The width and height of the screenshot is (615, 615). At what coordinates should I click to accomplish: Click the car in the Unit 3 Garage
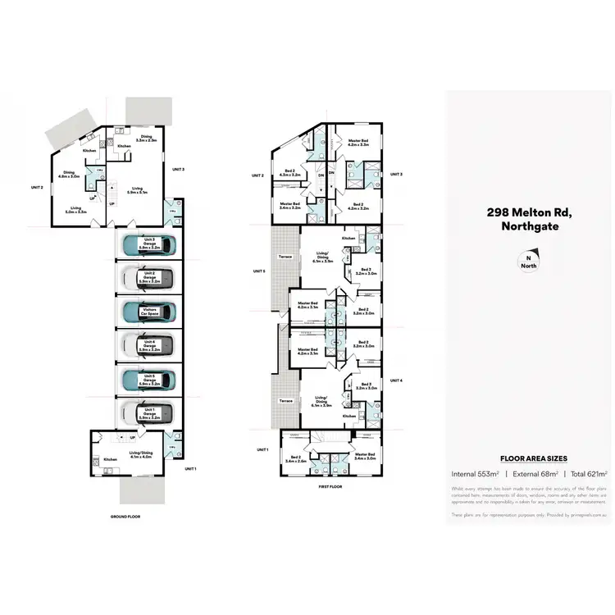[148, 244]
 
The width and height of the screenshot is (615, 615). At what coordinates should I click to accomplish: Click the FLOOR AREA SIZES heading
[529, 459]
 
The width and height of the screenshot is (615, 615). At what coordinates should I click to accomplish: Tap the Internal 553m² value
[475, 474]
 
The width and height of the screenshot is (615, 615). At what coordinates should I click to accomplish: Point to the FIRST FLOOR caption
[330, 485]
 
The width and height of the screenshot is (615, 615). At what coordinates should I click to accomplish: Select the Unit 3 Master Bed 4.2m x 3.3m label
[358, 143]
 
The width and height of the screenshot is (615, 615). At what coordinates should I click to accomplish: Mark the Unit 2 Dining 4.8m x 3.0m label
[70, 175]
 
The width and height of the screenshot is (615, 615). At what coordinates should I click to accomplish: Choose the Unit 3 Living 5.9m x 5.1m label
[136, 190]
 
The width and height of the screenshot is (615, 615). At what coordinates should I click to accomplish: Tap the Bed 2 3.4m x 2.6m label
[296, 459]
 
